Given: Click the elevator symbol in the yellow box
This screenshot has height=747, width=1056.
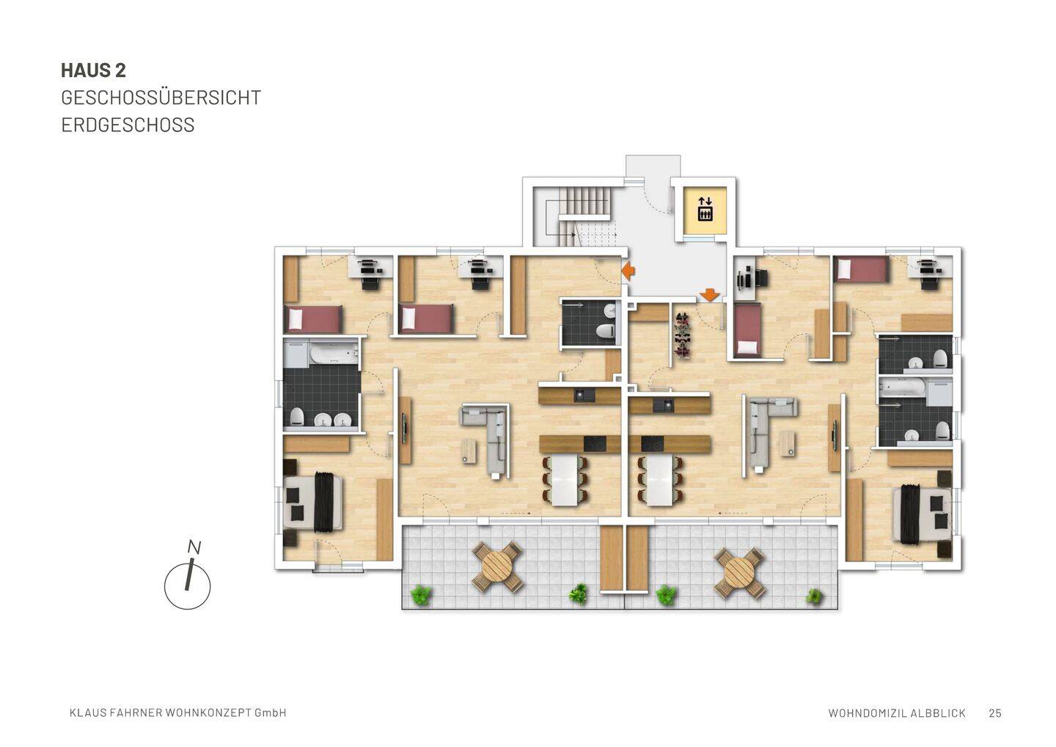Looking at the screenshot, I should pos(705,208).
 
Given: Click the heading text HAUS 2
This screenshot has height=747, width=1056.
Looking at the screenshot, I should pos(93,70).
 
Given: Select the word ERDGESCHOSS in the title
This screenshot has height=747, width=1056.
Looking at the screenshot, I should pos(128,125).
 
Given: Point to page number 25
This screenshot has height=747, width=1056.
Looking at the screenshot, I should pos(995,713).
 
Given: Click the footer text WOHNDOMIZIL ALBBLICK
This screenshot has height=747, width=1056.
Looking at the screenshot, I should pos(896,713).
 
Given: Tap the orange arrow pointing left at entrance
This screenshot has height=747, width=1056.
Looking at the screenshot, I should pos(628,271).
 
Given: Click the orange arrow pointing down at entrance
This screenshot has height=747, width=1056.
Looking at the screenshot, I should pos(709,294).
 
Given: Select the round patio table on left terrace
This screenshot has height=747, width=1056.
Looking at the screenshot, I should pos(498,566).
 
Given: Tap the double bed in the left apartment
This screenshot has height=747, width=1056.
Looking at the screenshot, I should pos(314,502).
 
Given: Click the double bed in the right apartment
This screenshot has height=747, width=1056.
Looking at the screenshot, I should pos(921,514).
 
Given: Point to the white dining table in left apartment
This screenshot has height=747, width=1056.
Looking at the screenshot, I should pos(565,480).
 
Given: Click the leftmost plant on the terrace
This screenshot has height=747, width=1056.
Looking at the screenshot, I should pos(421,594).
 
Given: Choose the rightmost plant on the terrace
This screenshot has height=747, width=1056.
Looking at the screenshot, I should pos(814,597).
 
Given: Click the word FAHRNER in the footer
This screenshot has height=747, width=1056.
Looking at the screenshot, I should pos(130,713).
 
